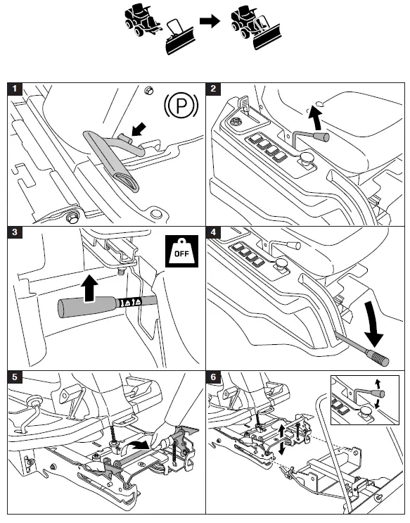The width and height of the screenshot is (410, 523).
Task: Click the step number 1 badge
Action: pos(14,89)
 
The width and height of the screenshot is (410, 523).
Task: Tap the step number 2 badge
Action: pos(213,89)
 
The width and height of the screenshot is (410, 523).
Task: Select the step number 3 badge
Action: pos(14,232)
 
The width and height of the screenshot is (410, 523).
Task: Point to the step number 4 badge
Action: pos(213,232)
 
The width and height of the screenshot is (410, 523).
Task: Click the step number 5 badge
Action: pos(14,377)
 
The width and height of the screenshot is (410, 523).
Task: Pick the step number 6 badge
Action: pos(213,377)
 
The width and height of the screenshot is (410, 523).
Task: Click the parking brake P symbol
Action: pos(181,106)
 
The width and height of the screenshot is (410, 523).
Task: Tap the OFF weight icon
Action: pos(181,251)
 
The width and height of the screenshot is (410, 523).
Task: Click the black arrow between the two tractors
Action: pos(210,21)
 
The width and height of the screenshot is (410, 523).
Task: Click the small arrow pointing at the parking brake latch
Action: pos(139,130)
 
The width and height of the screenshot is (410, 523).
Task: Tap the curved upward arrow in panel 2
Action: pos(315,118)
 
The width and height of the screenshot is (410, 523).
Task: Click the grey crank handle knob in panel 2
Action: pos(321,137)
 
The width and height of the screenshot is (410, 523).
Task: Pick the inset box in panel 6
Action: pos(365,400)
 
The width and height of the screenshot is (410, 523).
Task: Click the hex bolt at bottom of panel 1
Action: pos(72,218)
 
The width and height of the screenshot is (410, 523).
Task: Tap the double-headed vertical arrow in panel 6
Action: pos(282,440)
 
